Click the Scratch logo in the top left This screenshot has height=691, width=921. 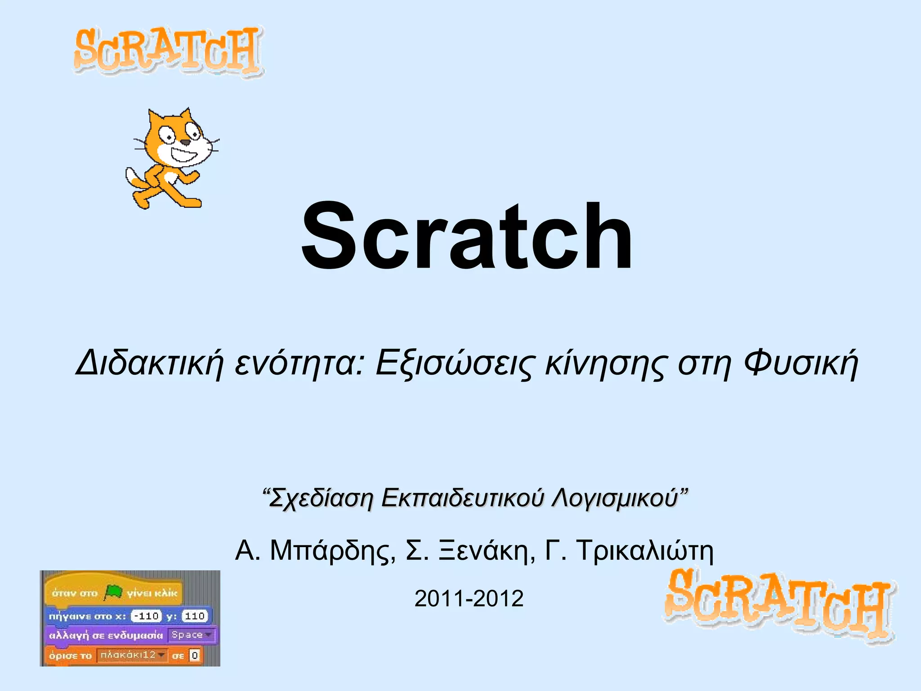(168, 52)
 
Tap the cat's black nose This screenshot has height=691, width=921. (185, 143)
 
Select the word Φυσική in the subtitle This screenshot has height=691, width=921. (801, 363)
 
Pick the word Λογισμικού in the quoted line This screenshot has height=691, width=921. (615, 498)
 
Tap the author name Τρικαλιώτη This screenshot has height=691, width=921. (644, 551)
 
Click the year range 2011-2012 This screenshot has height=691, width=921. (469, 599)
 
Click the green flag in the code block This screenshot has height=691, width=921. (113, 592)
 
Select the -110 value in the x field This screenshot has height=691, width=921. (146, 616)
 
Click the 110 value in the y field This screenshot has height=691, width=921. (195, 616)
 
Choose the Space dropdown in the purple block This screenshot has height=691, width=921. (192, 635)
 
